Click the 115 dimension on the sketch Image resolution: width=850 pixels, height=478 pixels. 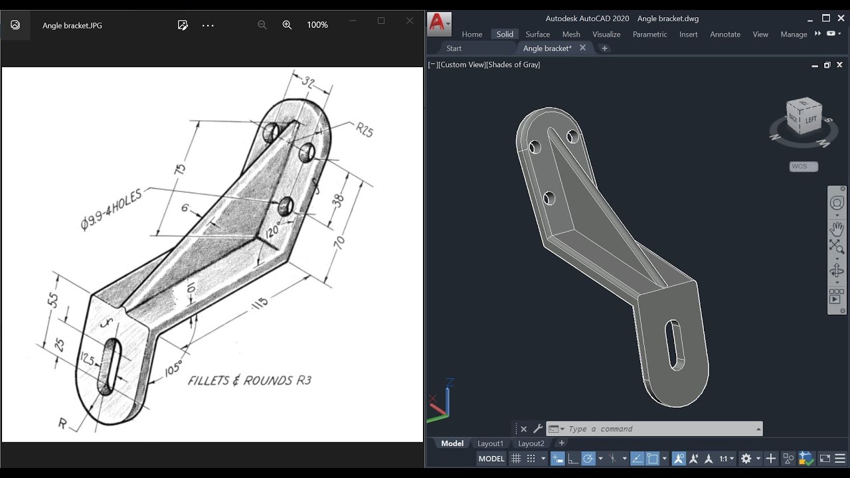coord(260,303)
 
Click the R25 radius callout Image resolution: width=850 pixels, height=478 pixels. coord(364,129)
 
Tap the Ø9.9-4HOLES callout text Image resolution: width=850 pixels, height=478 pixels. coord(111,210)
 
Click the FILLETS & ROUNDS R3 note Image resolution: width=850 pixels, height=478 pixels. coord(249,380)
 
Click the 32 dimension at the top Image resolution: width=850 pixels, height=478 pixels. coord(308,82)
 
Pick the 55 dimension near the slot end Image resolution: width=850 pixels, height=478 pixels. coord(53,300)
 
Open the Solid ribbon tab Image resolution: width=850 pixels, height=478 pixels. coord(505,35)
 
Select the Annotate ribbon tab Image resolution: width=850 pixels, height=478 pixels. coord(725,35)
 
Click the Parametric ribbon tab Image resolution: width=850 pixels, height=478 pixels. coord(649,35)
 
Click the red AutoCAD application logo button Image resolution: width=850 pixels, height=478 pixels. coord(437,23)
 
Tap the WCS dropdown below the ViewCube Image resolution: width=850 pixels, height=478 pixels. coord(804,167)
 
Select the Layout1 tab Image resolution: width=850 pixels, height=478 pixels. coord(490,443)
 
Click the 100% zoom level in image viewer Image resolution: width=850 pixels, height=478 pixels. coord(317,25)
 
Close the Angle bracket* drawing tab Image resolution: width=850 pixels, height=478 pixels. coord(582,48)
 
